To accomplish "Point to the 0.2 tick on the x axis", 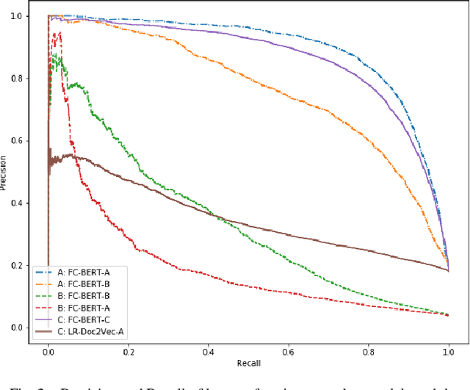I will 128,352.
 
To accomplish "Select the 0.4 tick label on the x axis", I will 208,352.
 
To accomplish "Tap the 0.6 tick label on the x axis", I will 288,352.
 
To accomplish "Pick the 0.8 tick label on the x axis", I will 368,352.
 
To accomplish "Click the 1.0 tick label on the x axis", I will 448,352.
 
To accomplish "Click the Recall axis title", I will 247,363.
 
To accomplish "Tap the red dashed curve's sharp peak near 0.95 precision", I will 59,32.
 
